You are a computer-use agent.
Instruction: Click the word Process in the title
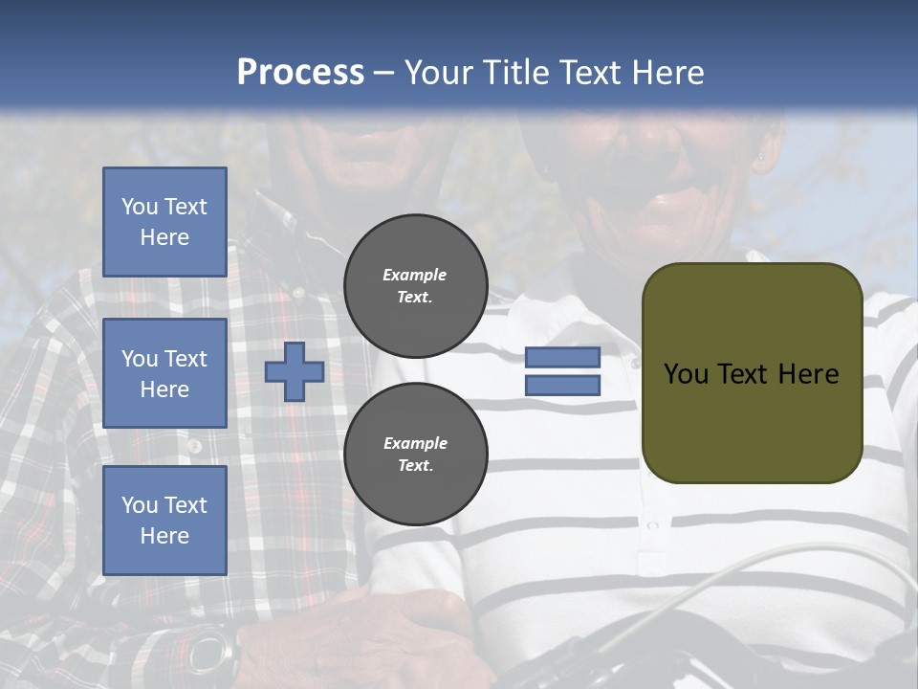[x=300, y=73]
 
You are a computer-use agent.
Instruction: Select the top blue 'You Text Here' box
[x=164, y=222]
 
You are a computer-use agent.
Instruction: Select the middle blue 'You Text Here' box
[x=164, y=373]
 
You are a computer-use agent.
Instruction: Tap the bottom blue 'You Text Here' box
[x=164, y=521]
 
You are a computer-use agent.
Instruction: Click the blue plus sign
[x=295, y=371]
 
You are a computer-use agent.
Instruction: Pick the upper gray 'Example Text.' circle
[x=416, y=286]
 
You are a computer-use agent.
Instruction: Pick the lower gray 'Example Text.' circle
[x=416, y=455]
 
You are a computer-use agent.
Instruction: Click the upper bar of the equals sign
[x=563, y=357]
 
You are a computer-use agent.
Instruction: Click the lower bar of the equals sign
[x=563, y=386]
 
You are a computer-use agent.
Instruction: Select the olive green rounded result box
[x=752, y=373]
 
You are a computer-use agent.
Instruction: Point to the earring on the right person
[x=762, y=156]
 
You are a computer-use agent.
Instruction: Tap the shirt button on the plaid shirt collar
[x=297, y=292]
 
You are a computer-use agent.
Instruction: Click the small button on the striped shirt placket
[x=654, y=525]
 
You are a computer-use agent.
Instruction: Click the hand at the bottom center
[x=411, y=632]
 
